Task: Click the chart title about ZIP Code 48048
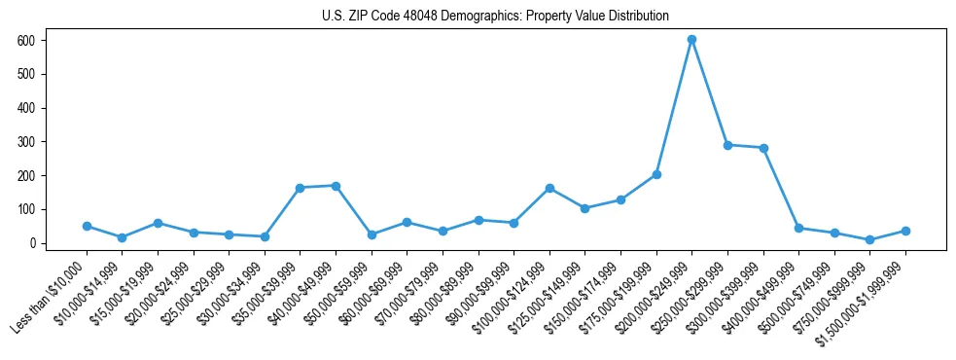[495, 16]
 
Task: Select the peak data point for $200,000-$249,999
[691, 40]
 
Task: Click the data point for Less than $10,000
[87, 226]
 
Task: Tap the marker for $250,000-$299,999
[727, 145]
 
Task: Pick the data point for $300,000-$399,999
[763, 148]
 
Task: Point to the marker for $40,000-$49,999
[336, 186]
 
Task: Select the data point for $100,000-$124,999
[549, 188]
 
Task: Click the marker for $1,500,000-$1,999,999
[905, 231]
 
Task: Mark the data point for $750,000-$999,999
[869, 239]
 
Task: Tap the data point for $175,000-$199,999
[656, 174]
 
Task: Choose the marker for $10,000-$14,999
[122, 237]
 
